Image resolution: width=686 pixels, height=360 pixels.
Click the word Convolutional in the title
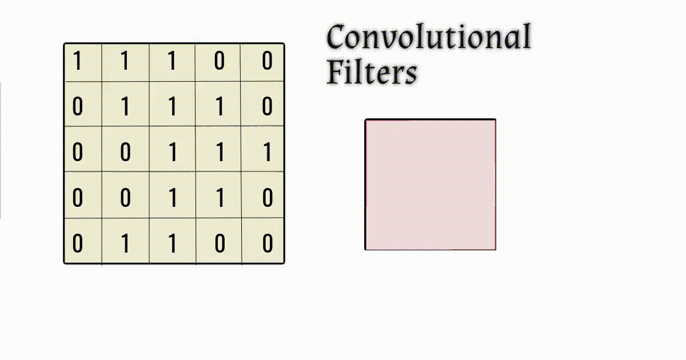[x=429, y=38]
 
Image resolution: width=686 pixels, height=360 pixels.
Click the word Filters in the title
[x=372, y=73]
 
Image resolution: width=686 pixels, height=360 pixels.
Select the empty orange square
[x=430, y=185]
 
